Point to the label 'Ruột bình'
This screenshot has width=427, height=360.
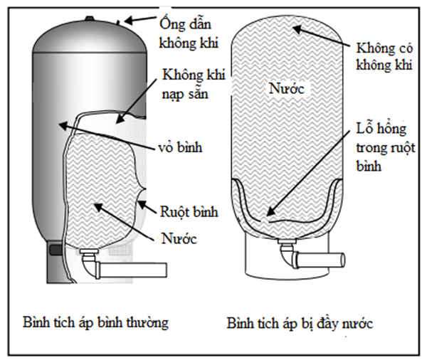tap(186, 211)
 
